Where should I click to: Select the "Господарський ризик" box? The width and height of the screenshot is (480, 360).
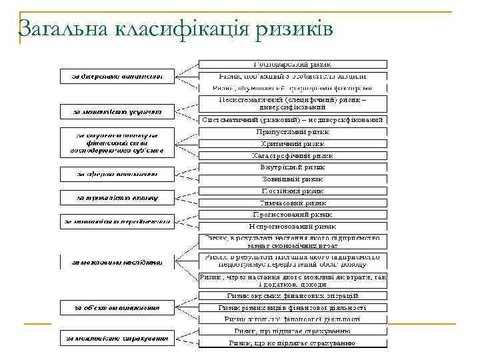[293, 65]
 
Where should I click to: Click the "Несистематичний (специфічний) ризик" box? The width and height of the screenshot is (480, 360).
[293, 103]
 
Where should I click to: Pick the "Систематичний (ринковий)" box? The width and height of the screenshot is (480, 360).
[293, 120]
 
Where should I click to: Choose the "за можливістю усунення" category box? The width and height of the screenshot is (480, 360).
[117, 110]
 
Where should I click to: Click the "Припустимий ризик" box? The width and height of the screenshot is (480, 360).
[293, 132]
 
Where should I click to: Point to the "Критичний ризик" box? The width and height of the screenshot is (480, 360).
[293, 143]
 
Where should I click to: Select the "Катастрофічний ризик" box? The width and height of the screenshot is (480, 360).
[293, 155]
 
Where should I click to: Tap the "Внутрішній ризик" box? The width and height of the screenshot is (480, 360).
[293, 167]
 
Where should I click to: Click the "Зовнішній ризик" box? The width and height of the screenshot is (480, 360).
[293, 179]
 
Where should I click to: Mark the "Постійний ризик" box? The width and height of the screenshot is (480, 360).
[293, 191]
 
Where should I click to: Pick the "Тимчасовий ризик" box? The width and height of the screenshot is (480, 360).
[293, 203]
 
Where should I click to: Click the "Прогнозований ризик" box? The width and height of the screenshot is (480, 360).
[293, 215]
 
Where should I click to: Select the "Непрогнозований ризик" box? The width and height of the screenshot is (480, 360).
[293, 227]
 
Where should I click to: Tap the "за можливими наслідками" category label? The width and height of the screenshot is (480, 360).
[117, 263]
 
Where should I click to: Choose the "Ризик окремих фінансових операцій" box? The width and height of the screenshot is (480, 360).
[293, 295]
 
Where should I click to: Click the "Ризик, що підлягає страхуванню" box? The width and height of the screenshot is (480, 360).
[293, 331]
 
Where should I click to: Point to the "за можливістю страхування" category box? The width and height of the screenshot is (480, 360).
[117, 338]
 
